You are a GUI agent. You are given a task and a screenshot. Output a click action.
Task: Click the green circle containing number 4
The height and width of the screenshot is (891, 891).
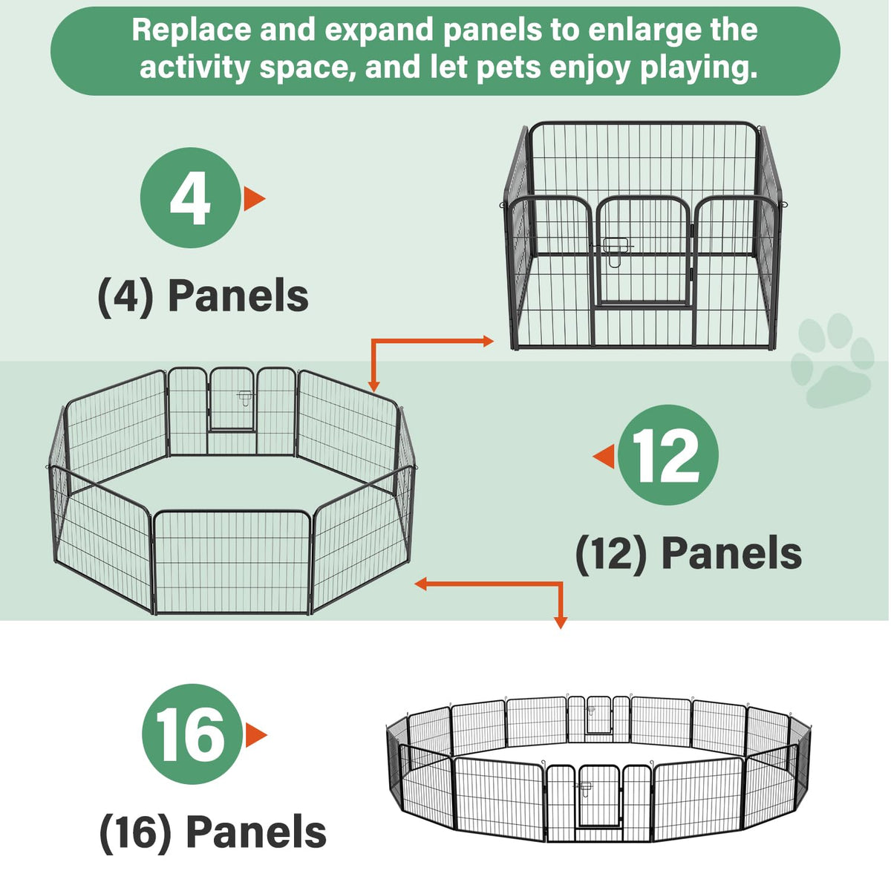point(191,198)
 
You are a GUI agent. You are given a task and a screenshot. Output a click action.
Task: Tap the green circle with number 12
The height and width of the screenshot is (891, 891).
point(668,455)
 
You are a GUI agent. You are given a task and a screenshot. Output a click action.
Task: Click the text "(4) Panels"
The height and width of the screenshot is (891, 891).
point(203,296)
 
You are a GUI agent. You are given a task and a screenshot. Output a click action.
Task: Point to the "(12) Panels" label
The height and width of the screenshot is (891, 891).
point(689,554)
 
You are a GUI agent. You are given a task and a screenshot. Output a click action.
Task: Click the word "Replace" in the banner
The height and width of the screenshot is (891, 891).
point(192,31)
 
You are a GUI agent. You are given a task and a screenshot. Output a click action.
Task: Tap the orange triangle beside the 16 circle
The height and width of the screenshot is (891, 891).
point(255,735)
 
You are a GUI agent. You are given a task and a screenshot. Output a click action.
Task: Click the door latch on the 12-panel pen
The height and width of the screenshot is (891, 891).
point(244,396)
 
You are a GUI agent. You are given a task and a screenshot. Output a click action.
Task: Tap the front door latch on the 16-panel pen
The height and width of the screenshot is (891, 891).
point(584,788)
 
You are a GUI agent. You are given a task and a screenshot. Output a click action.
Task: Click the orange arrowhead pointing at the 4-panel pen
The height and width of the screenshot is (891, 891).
point(489,342)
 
